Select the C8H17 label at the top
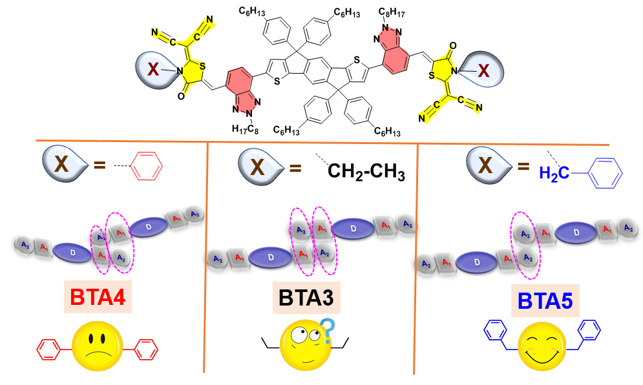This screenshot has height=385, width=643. point(392,10)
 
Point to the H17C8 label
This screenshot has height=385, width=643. point(246,129)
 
